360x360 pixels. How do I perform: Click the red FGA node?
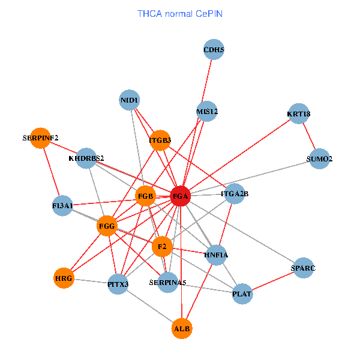pos(181,196)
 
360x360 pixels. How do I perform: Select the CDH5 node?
pos(214,50)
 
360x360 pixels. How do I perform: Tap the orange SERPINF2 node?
pos(40,138)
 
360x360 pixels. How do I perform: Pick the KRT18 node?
pos(298,114)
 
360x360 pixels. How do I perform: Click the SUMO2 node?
pos(319,159)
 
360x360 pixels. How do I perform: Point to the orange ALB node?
pos(182,329)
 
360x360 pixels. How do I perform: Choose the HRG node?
pos(64,278)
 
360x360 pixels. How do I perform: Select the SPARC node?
pos(303,268)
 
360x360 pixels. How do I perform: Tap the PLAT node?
pos(242,294)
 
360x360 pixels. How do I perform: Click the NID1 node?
pos(130,100)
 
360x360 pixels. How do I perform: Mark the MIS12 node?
pos(207,112)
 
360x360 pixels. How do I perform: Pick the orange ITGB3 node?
pos(160,140)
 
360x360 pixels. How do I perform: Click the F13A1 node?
pos(62,206)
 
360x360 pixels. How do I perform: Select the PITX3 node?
pos(118,283)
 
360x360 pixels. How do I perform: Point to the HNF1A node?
pos(216,255)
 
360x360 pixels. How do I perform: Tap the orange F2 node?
pos(162,247)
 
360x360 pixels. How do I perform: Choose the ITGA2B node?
pos(235,194)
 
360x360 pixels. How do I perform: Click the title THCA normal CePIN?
pos(180,13)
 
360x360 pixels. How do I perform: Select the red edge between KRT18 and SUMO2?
pos(309,137)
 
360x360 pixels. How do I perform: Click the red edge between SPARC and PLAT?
pos(272,281)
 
